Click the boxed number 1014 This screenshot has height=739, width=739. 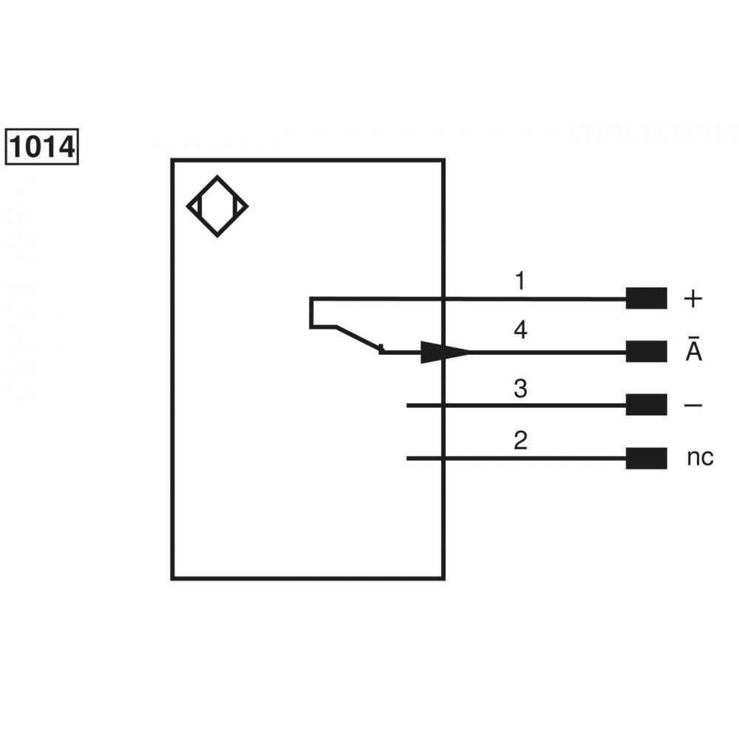42,146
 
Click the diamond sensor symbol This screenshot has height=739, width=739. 217,206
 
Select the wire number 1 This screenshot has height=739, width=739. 520,281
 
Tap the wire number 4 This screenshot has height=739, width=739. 520,330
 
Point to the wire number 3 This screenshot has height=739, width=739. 520,389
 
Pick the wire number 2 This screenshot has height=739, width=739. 520,440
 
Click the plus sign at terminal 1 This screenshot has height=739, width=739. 693,299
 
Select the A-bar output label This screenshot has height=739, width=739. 693,349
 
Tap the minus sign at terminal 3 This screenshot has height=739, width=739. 693,405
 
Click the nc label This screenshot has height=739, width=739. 700,457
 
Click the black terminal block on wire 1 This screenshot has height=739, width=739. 646,299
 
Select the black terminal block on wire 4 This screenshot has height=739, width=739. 646,352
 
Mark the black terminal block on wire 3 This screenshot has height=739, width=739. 646,405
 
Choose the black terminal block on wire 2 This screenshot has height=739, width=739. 646,458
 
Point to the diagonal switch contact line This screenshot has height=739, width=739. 358,338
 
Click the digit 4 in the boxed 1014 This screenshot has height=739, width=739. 67,147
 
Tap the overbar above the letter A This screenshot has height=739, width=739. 693,337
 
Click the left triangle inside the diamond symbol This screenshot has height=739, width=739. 194,206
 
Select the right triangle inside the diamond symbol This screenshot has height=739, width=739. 240,206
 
